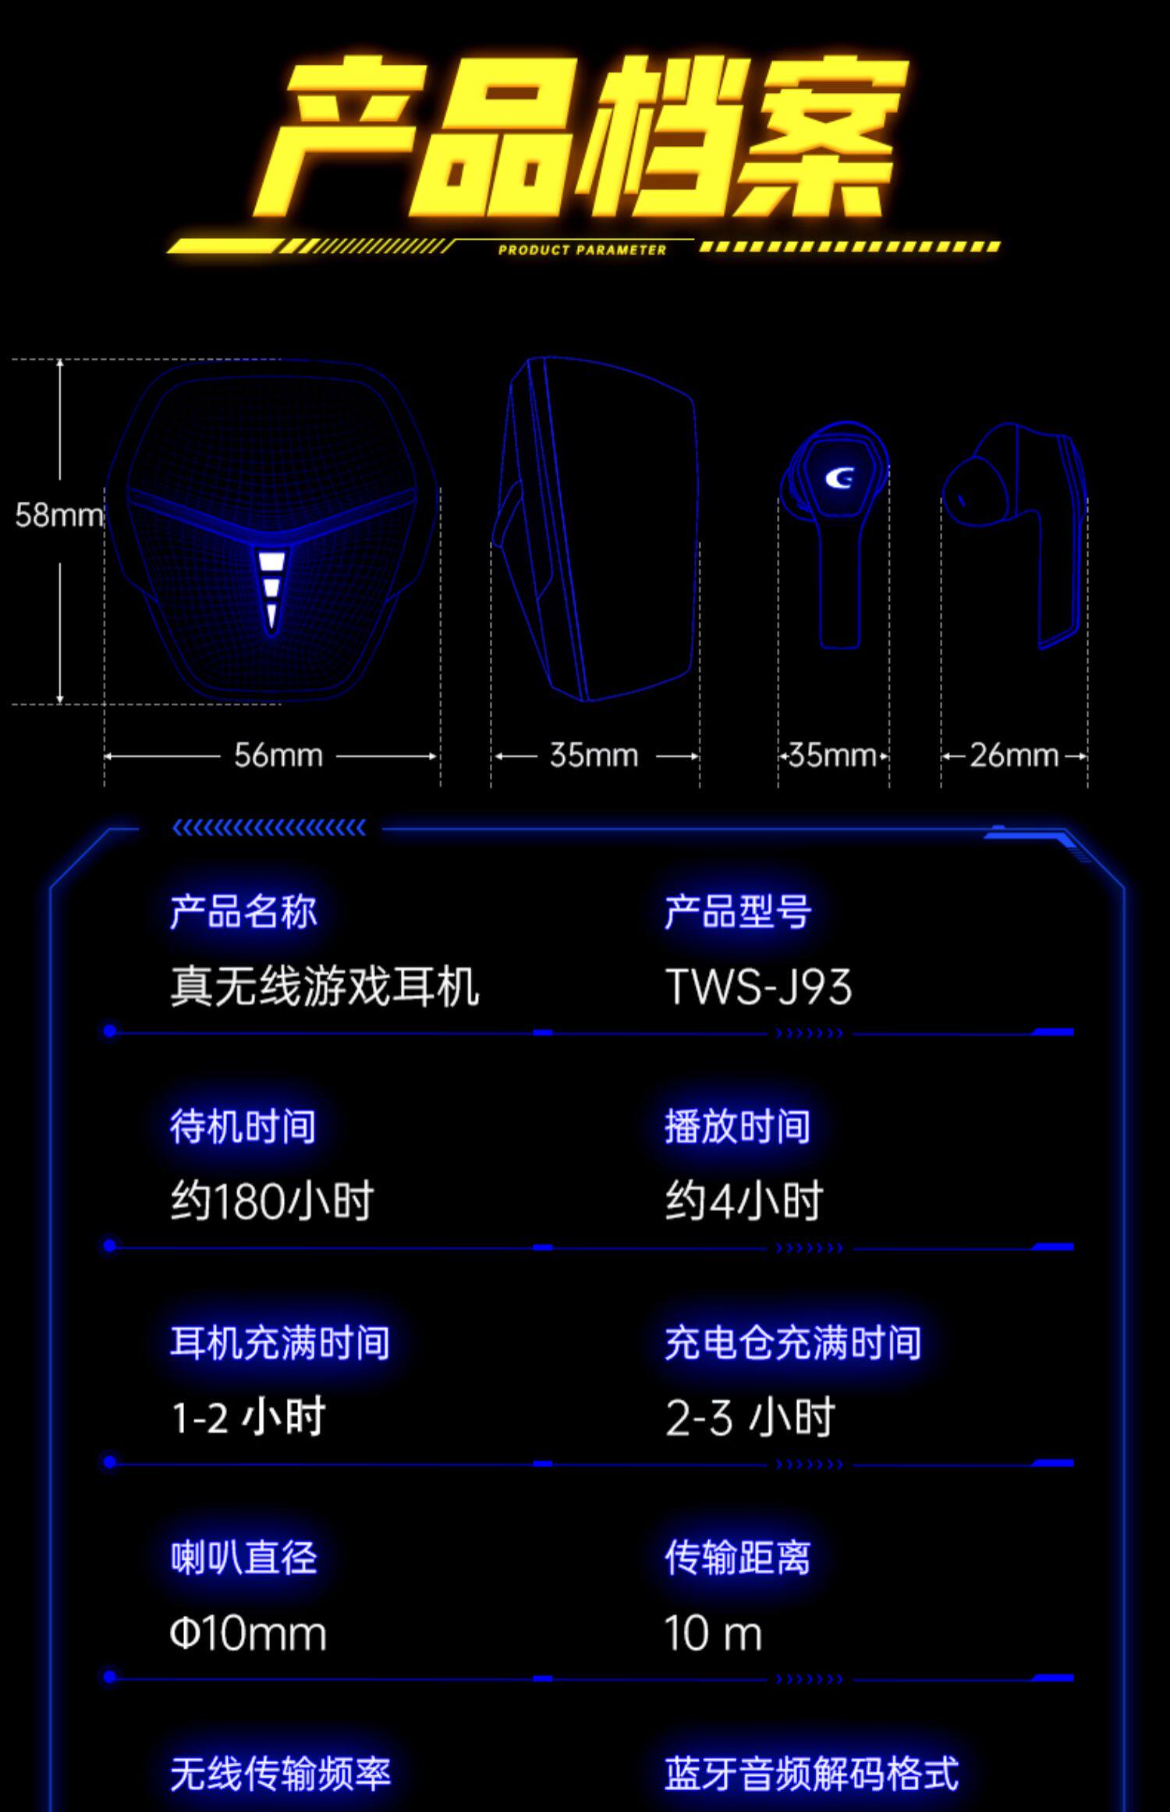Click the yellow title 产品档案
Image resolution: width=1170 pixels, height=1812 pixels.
point(581,137)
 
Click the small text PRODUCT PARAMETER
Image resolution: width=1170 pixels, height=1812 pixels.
point(582,250)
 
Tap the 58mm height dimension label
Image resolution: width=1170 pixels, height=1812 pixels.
point(58,515)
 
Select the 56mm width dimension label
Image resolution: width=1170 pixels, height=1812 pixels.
point(278,755)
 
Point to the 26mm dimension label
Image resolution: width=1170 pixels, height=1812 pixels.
point(1014,755)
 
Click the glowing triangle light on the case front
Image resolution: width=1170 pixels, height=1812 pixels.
point(272,589)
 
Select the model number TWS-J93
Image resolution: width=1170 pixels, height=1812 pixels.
point(758,986)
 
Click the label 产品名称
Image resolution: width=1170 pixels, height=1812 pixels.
point(243,911)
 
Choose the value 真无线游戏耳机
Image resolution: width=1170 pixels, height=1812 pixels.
point(324,986)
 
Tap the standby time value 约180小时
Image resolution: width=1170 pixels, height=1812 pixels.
point(272,1201)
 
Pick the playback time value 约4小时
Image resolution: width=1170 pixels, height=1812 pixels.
point(743,1201)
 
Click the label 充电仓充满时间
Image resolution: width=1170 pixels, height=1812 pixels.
point(792,1343)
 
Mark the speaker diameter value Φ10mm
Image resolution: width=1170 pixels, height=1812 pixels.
point(248,1633)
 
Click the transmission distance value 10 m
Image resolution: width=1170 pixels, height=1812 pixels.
point(713,1633)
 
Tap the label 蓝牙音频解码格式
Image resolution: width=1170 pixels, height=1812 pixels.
point(811,1773)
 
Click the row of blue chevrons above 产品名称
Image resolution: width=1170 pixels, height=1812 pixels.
point(269,828)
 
